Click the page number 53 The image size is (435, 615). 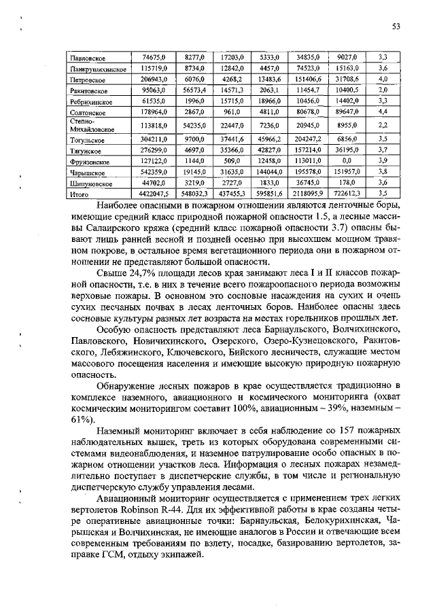pos(396,26)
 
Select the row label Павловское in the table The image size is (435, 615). pos(88,58)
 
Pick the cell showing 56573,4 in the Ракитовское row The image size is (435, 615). pos(193,90)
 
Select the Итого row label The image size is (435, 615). pos(80,194)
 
